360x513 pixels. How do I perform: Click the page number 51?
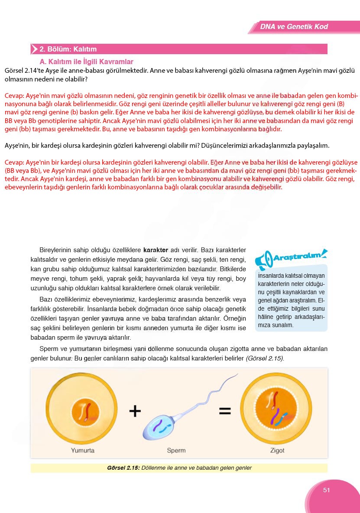(x=327, y=490)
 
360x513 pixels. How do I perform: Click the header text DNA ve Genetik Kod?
(x=294, y=27)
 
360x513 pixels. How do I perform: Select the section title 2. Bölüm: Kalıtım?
(x=68, y=49)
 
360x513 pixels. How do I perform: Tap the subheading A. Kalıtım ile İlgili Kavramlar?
(x=86, y=62)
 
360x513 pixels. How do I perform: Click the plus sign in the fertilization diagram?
(x=135, y=411)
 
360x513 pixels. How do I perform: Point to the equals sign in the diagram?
(x=224, y=411)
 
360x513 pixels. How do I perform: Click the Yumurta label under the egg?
(x=83, y=450)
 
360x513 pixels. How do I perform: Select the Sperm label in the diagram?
(x=176, y=450)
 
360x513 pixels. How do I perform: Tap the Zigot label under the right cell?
(x=277, y=450)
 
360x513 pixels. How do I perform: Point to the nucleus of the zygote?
(x=277, y=409)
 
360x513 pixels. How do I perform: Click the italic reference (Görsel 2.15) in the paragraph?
(x=265, y=359)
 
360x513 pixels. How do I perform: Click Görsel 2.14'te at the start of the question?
(x=22, y=71)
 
